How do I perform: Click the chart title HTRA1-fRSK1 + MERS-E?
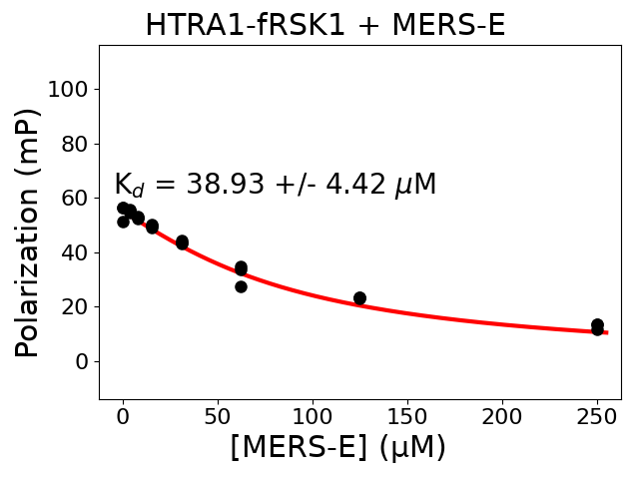point(324,25)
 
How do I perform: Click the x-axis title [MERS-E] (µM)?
point(337,446)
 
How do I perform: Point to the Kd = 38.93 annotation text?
point(275,185)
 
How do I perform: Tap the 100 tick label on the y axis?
point(67,90)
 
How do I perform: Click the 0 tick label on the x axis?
point(123,415)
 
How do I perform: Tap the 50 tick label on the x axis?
point(218,415)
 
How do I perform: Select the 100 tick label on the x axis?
point(313,415)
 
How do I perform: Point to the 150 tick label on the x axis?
point(407,415)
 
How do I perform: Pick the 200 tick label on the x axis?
point(502,415)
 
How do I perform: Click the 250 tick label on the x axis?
point(597,415)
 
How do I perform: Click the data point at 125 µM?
point(359,298)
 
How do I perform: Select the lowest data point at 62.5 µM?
point(241,286)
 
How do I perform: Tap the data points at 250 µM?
point(597,326)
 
